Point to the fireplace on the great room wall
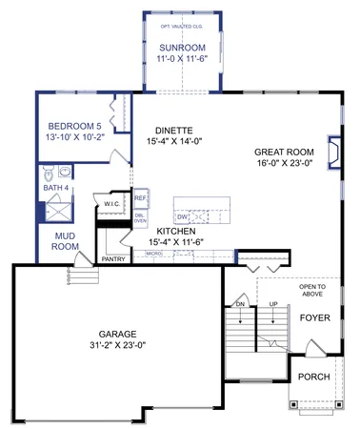(x=333, y=152)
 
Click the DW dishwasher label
(x=181, y=217)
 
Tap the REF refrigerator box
(x=139, y=198)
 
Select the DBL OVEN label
(x=140, y=218)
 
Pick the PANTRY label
(x=113, y=258)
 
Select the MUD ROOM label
(x=65, y=240)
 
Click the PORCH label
(x=313, y=377)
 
